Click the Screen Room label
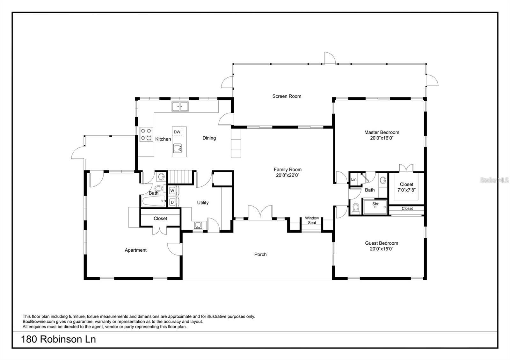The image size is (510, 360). (x=287, y=96)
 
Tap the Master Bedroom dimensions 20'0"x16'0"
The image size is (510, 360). (x=382, y=138)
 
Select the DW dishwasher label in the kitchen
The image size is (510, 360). (x=177, y=132)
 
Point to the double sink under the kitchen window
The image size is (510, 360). (x=180, y=106)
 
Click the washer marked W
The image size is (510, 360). (x=172, y=191)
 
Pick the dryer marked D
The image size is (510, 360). (x=172, y=202)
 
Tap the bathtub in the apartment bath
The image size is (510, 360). (x=153, y=201)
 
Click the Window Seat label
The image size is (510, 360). (x=312, y=220)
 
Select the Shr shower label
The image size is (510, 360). (x=375, y=204)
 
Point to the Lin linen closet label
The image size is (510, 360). (x=353, y=179)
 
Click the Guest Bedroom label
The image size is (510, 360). (x=382, y=243)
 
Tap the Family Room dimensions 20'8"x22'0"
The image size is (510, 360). (x=288, y=175)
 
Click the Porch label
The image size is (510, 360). (x=260, y=255)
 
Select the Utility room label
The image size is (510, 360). (x=203, y=203)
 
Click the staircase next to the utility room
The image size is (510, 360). (x=180, y=177)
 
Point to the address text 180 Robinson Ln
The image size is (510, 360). (x=59, y=339)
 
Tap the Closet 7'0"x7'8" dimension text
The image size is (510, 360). (x=406, y=190)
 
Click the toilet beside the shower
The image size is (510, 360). (x=356, y=209)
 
